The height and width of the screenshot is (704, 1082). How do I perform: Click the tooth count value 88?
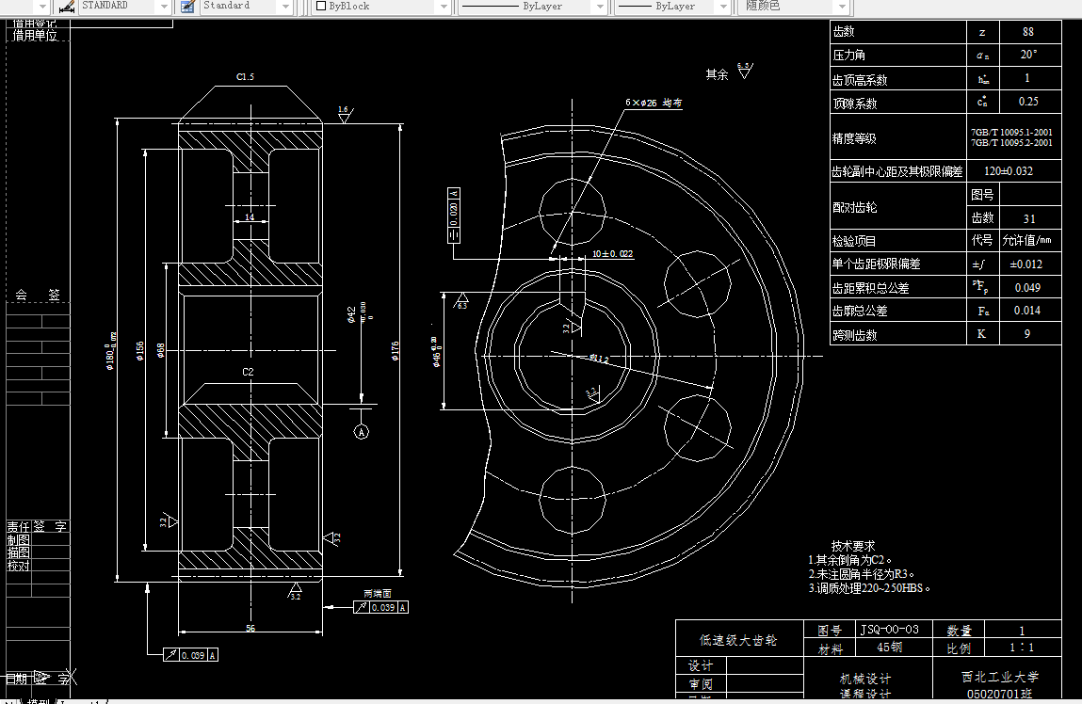(1027, 32)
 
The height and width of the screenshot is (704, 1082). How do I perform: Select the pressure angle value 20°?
(1027, 56)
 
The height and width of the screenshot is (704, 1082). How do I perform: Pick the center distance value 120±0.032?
(1008, 171)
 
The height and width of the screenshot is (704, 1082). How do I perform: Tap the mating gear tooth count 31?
(1028, 218)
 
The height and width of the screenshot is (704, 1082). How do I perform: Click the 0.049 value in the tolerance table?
(1026, 288)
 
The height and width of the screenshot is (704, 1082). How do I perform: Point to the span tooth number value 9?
(1026, 334)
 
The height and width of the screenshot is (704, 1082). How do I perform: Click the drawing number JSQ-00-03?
(890, 629)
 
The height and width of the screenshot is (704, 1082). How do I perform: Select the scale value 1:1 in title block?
(1021, 648)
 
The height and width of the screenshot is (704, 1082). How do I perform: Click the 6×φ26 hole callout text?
(653, 102)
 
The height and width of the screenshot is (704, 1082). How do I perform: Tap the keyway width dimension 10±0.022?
(612, 254)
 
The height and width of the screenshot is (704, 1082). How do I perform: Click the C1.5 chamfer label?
(245, 77)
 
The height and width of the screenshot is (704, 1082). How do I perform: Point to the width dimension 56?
(250, 628)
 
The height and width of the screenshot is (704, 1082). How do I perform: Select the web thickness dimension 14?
(250, 217)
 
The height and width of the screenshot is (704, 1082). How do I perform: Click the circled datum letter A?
(361, 432)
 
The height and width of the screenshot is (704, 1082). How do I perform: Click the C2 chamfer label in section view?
(248, 372)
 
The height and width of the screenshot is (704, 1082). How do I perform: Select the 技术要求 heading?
(852, 546)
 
